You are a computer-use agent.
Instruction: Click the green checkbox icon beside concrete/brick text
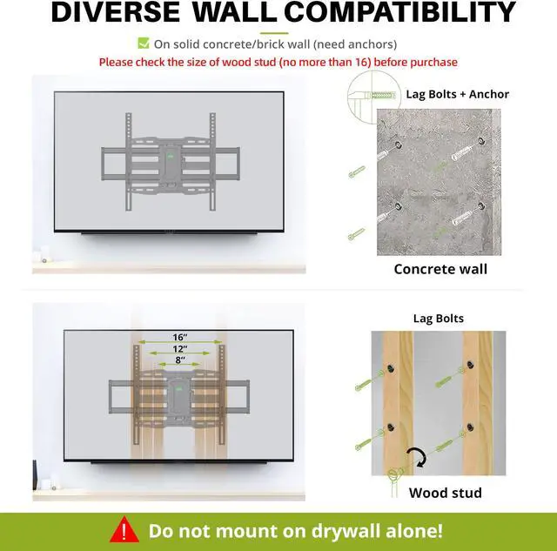tap(144, 44)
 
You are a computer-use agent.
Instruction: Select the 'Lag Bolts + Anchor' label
tap(458, 94)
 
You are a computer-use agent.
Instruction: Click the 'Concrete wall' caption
tap(440, 269)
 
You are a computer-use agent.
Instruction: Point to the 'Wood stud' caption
tap(445, 493)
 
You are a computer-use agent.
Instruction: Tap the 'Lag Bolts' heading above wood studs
tap(438, 319)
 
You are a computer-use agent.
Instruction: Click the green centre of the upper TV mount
tap(171, 158)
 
